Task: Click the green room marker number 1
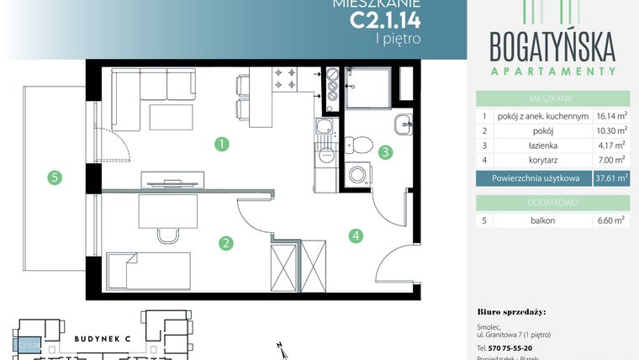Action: pyautogui.click(x=222, y=144)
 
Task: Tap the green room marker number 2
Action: pyautogui.click(x=225, y=244)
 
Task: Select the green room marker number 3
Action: pyautogui.click(x=385, y=153)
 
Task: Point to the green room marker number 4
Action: pyautogui.click(x=356, y=236)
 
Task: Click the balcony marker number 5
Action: pyautogui.click(x=55, y=177)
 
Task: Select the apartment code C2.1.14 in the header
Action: pyautogui.click(x=385, y=19)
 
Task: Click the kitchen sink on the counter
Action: pyautogui.click(x=325, y=129)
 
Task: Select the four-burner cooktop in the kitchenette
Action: pyautogui.click(x=283, y=79)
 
